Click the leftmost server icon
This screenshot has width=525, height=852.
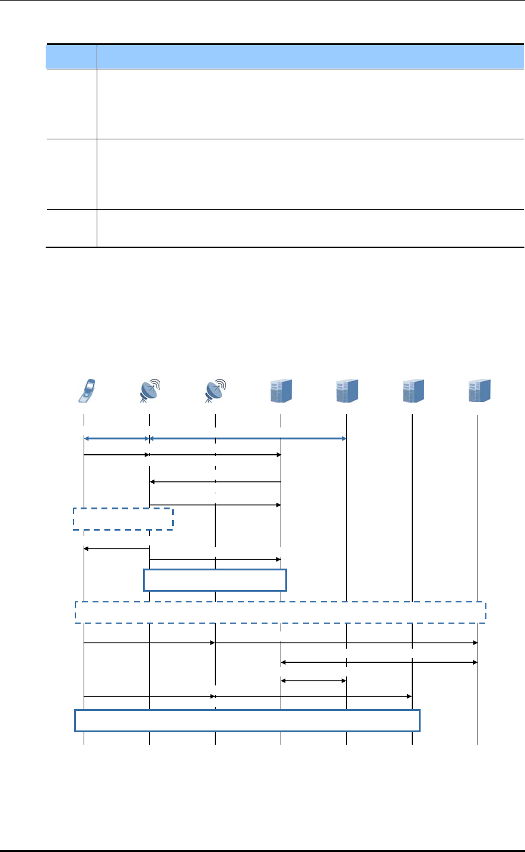pos(281,390)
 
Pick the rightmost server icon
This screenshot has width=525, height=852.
pos(478,390)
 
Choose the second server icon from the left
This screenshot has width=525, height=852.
pos(346,390)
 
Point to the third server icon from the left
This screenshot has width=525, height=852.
pos(412,390)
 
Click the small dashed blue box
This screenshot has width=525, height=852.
pos(123,518)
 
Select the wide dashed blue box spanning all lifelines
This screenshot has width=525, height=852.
pos(281,612)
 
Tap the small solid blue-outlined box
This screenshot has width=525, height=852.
pos(215,580)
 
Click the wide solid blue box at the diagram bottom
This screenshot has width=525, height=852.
pos(247,720)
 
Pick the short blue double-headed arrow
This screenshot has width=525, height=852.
pos(117,439)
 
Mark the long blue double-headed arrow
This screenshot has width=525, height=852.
pos(248,439)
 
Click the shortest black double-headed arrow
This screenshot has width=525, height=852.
pos(313,681)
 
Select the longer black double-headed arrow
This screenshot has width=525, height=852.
pos(379,662)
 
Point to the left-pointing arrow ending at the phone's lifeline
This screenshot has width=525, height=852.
pos(117,549)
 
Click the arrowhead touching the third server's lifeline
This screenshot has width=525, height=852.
pos(409,696)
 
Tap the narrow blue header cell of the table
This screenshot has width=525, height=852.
pos(72,57)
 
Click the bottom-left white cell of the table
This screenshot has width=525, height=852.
pos(72,228)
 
